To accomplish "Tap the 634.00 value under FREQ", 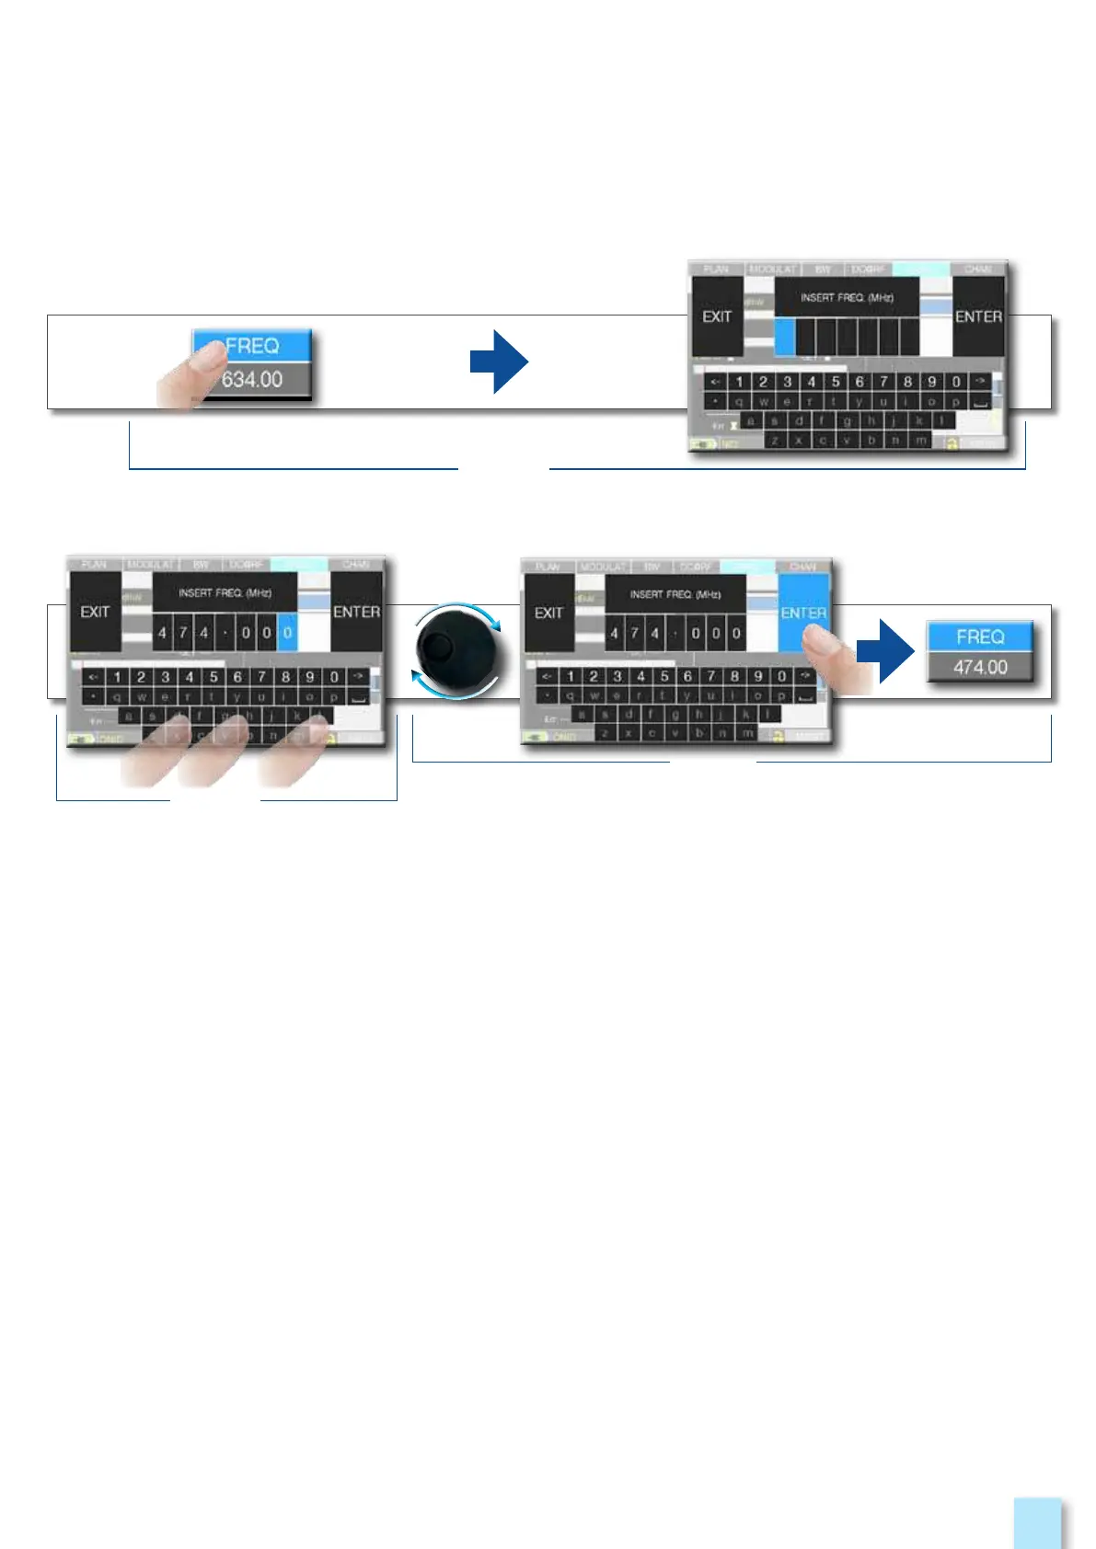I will [252, 379].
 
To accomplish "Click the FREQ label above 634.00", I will [252, 346].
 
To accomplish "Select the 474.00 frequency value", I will [980, 667].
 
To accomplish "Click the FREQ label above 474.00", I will [980, 637].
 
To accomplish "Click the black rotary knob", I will [456, 651].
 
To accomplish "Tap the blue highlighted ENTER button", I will [803, 612].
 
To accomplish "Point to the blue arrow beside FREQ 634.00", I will [499, 361].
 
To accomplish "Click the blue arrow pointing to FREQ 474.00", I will [885, 650].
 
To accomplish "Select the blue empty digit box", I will [785, 337].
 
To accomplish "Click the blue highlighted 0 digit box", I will [287, 633].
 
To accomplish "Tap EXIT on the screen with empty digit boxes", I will [717, 316].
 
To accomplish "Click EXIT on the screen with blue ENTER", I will [548, 613].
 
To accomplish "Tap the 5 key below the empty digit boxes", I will [836, 382].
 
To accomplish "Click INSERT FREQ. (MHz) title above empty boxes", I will [847, 297].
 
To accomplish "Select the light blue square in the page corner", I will [1037, 1523].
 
